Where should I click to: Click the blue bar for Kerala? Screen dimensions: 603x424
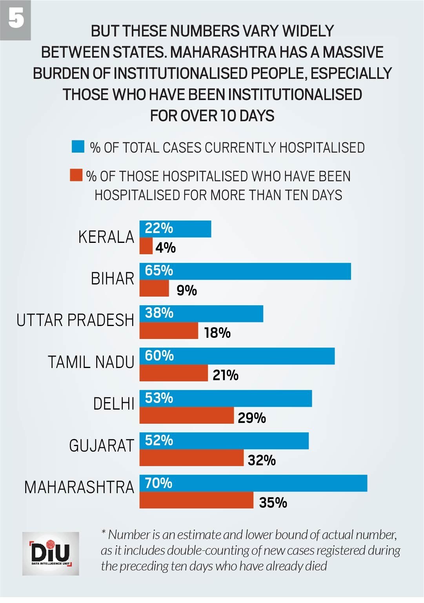point(175,229)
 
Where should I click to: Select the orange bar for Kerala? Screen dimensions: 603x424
point(146,246)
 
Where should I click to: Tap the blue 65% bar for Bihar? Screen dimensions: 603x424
point(245,271)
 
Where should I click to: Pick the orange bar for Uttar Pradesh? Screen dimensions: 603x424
point(169,331)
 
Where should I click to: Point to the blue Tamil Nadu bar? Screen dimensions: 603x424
point(237,356)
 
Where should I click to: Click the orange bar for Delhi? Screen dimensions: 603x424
point(186,415)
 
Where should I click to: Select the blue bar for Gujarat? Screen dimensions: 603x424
point(224,441)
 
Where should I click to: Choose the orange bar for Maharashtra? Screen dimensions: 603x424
point(196,500)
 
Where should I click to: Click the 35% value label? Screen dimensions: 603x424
point(273,503)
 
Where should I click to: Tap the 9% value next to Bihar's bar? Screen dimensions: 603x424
point(186,290)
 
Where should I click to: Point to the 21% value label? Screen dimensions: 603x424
point(225,375)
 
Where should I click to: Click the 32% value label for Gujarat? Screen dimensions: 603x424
point(262,460)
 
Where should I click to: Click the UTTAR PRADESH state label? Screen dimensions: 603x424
point(75,320)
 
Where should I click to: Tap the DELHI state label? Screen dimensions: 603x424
point(114,404)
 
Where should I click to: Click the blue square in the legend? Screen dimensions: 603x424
point(78,147)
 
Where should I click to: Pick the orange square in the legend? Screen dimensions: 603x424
point(76,175)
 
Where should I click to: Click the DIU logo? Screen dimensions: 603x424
point(51,554)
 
